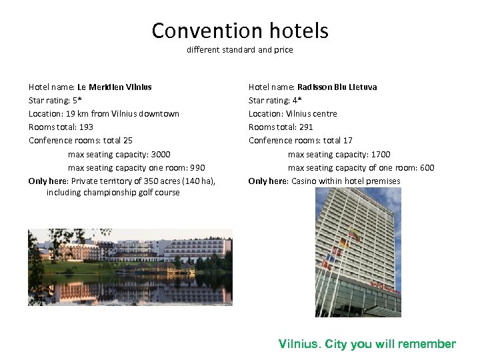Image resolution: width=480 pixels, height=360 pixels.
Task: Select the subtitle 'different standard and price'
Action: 240,50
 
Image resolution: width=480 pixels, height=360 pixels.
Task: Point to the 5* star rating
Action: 77,100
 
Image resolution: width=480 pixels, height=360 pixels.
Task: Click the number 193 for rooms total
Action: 86,127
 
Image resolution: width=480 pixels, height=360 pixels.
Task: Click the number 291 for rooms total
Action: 306,127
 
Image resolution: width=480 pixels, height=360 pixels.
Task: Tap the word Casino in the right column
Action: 304,181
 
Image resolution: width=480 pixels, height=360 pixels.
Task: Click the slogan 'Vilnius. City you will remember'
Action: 367,344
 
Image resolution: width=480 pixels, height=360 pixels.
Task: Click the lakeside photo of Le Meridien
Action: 130,267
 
